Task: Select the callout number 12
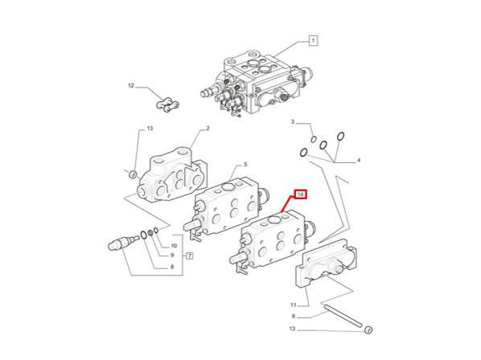coord(129,84)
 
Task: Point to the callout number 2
coord(207,128)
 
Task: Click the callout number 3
coord(294,122)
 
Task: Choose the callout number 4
coord(359,161)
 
